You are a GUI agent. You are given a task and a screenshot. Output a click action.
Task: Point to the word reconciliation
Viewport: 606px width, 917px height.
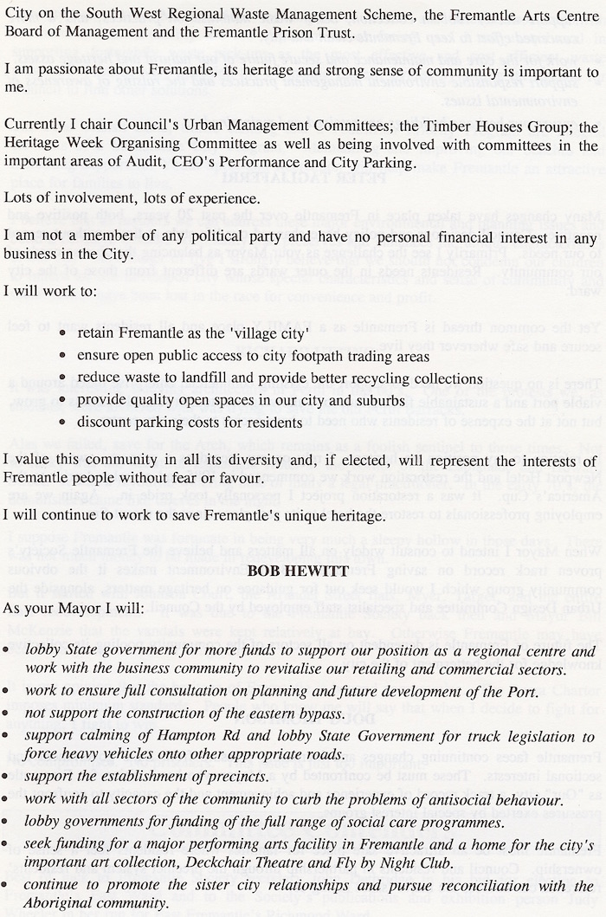pyautogui.click(x=471, y=886)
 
